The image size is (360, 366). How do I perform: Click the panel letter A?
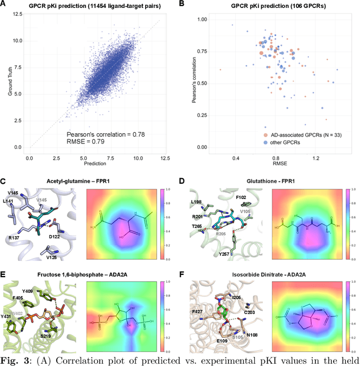(4, 4)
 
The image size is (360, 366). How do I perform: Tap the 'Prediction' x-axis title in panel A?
(95, 163)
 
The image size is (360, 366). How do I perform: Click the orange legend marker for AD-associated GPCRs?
(265, 135)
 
